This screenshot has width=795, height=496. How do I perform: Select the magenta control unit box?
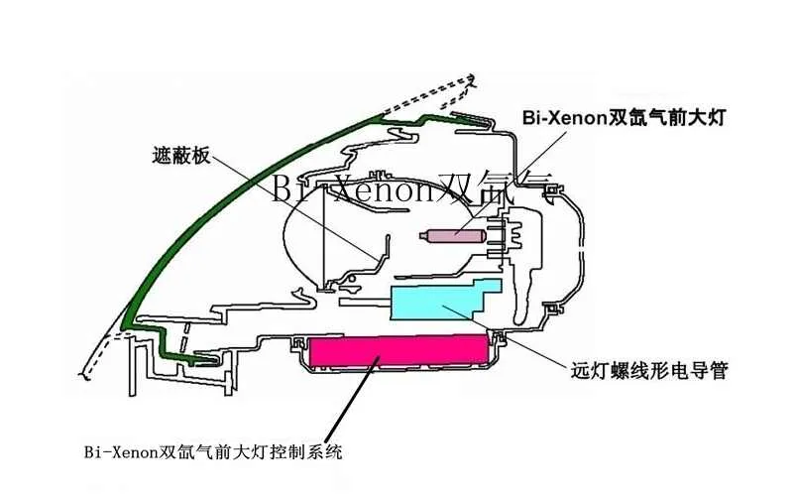[399, 350]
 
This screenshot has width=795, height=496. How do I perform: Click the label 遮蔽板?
[181, 155]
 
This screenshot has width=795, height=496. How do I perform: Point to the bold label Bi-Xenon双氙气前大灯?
[625, 118]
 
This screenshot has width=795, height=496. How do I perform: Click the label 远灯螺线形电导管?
[649, 370]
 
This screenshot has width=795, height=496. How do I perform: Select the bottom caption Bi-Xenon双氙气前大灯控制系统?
[213, 451]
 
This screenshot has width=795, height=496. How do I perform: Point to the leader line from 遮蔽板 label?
[294, 208]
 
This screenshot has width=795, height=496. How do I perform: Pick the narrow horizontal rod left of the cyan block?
[364, 303]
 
